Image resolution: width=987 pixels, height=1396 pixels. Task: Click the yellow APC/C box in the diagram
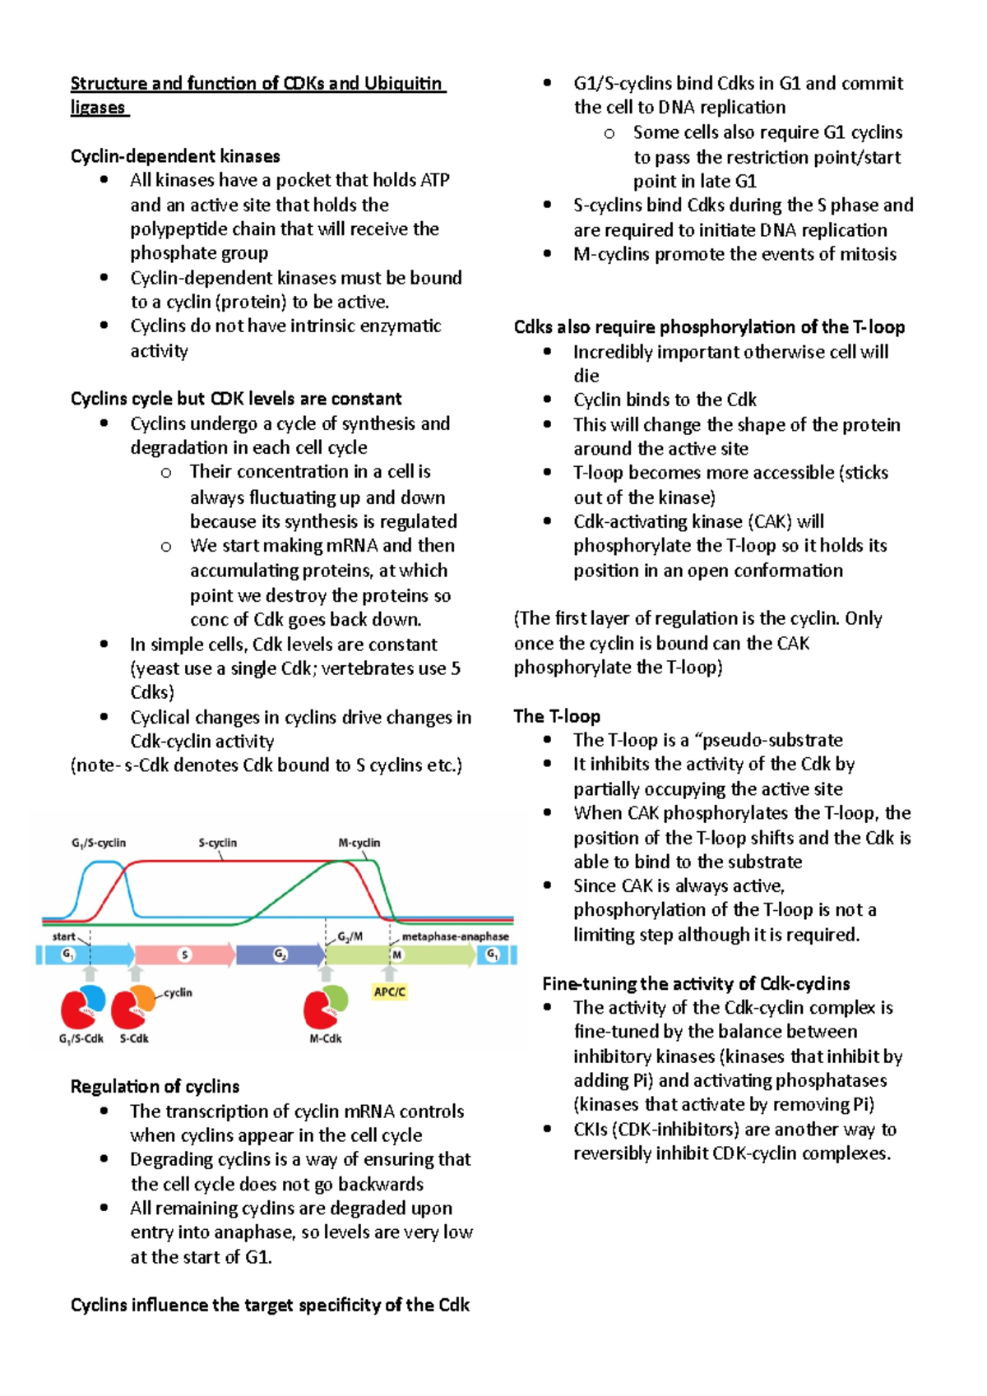[x=390, y=992]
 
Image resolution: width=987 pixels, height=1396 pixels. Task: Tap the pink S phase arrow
[x=185, y=955]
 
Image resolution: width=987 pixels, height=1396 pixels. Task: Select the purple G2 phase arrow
[x=280, y=955]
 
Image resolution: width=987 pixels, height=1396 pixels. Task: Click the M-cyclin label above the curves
[x=359, y=843]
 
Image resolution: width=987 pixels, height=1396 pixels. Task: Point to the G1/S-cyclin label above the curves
[x=99, y=843]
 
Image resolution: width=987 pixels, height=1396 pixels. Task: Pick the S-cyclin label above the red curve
[x=217, y=843]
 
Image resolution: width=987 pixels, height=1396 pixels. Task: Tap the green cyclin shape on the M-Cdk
[x=336, y=999]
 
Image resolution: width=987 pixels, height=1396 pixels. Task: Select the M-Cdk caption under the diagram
[x=326, y=1038]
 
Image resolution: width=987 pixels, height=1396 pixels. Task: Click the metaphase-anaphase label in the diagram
[x=455, y=936]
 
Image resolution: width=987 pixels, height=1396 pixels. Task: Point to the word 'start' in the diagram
[x=64, y=936]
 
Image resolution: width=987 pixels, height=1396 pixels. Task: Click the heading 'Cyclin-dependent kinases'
[x=175, y=156]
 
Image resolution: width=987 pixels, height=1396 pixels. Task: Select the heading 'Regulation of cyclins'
[x=155, y=1086]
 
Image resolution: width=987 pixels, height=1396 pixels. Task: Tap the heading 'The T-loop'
[x=557, y=716]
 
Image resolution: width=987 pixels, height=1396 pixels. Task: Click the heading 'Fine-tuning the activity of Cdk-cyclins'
[x=696, y=983]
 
